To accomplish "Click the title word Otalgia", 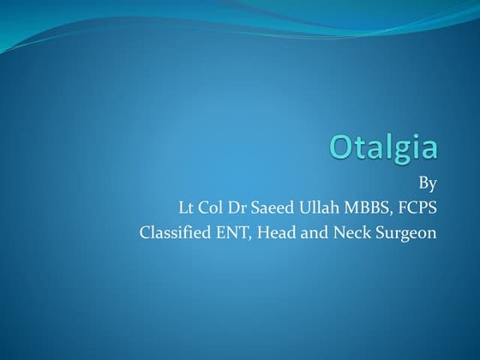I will tap(384, 147).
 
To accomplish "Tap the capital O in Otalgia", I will tap(344, 147).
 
